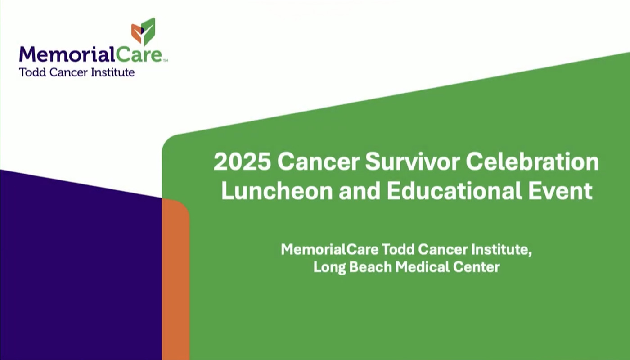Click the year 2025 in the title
(242, 162)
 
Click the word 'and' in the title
(358, 191)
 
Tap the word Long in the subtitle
(329, 267)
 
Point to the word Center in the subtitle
(480, 267)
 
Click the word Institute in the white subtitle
(505, 249)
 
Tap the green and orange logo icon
(144, 31)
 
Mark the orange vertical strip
(175, 279)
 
